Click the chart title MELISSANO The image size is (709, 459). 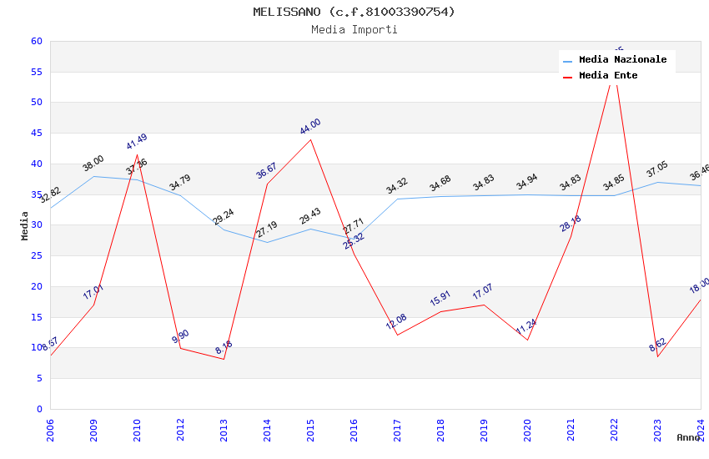[354, 12]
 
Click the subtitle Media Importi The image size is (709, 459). [354, 30]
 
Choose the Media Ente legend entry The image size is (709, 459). [608, 76]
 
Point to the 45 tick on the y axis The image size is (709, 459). [36, 134]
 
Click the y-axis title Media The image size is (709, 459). [25, 225]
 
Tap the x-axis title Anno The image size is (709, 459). [688, 437]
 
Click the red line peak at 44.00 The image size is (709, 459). [310, 139]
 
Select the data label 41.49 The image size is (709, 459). [137, 142]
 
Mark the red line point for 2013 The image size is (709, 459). [224, 359]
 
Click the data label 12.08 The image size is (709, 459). [396, 322]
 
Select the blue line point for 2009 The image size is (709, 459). [93, 176]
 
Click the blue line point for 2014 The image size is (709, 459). [267, 242]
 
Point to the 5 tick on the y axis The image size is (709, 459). [38, 379]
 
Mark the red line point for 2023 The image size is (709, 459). [657, 357]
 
